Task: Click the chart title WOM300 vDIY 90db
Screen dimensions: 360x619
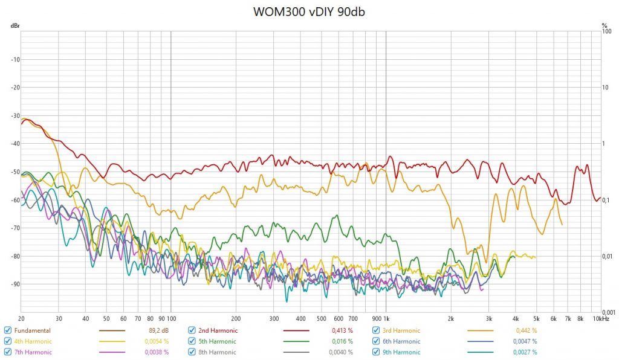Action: [x=309, y=11]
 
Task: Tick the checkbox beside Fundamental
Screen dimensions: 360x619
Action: [x=7, y=330]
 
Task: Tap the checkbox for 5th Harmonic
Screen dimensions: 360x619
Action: [x=191, y=341]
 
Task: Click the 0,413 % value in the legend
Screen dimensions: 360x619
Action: [x=343, y=330]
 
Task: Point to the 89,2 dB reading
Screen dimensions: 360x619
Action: [x=158, y=330]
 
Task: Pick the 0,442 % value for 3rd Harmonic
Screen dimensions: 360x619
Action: [x=526, y=330]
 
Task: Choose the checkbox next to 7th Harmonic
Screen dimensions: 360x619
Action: [x=7, y=352]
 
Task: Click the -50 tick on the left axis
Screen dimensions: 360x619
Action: [x=14, y=172]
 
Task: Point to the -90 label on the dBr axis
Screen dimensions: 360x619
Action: [x=14, y=284]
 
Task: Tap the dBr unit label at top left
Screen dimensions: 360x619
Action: [x=14, y=26]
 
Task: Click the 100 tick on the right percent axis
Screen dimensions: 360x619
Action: [x=606, y=31]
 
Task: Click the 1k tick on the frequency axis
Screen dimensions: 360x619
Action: [x=386, y=318]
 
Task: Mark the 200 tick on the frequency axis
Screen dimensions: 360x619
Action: [x=236, y=318]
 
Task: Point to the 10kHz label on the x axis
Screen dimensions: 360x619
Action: [x=600, y=318]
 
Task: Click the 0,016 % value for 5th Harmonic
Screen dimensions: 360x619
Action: [x=343, y=341]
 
